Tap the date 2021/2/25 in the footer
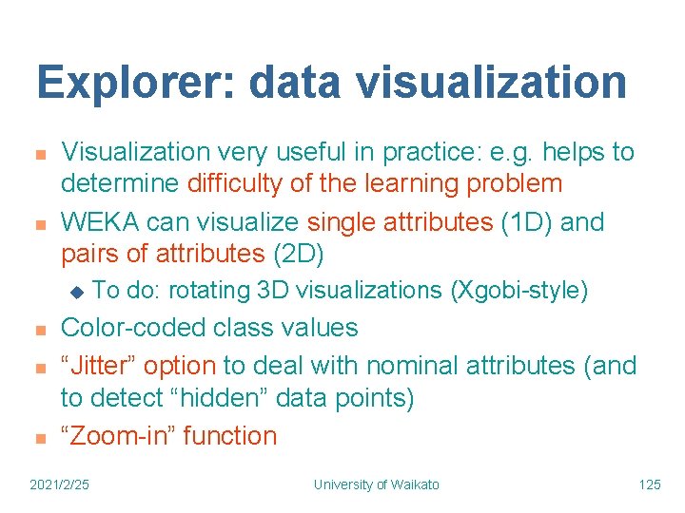[x=61, y=484]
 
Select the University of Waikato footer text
[x=377, y=484]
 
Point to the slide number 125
[x=650, y=484]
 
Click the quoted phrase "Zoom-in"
[x=118, y=436]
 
